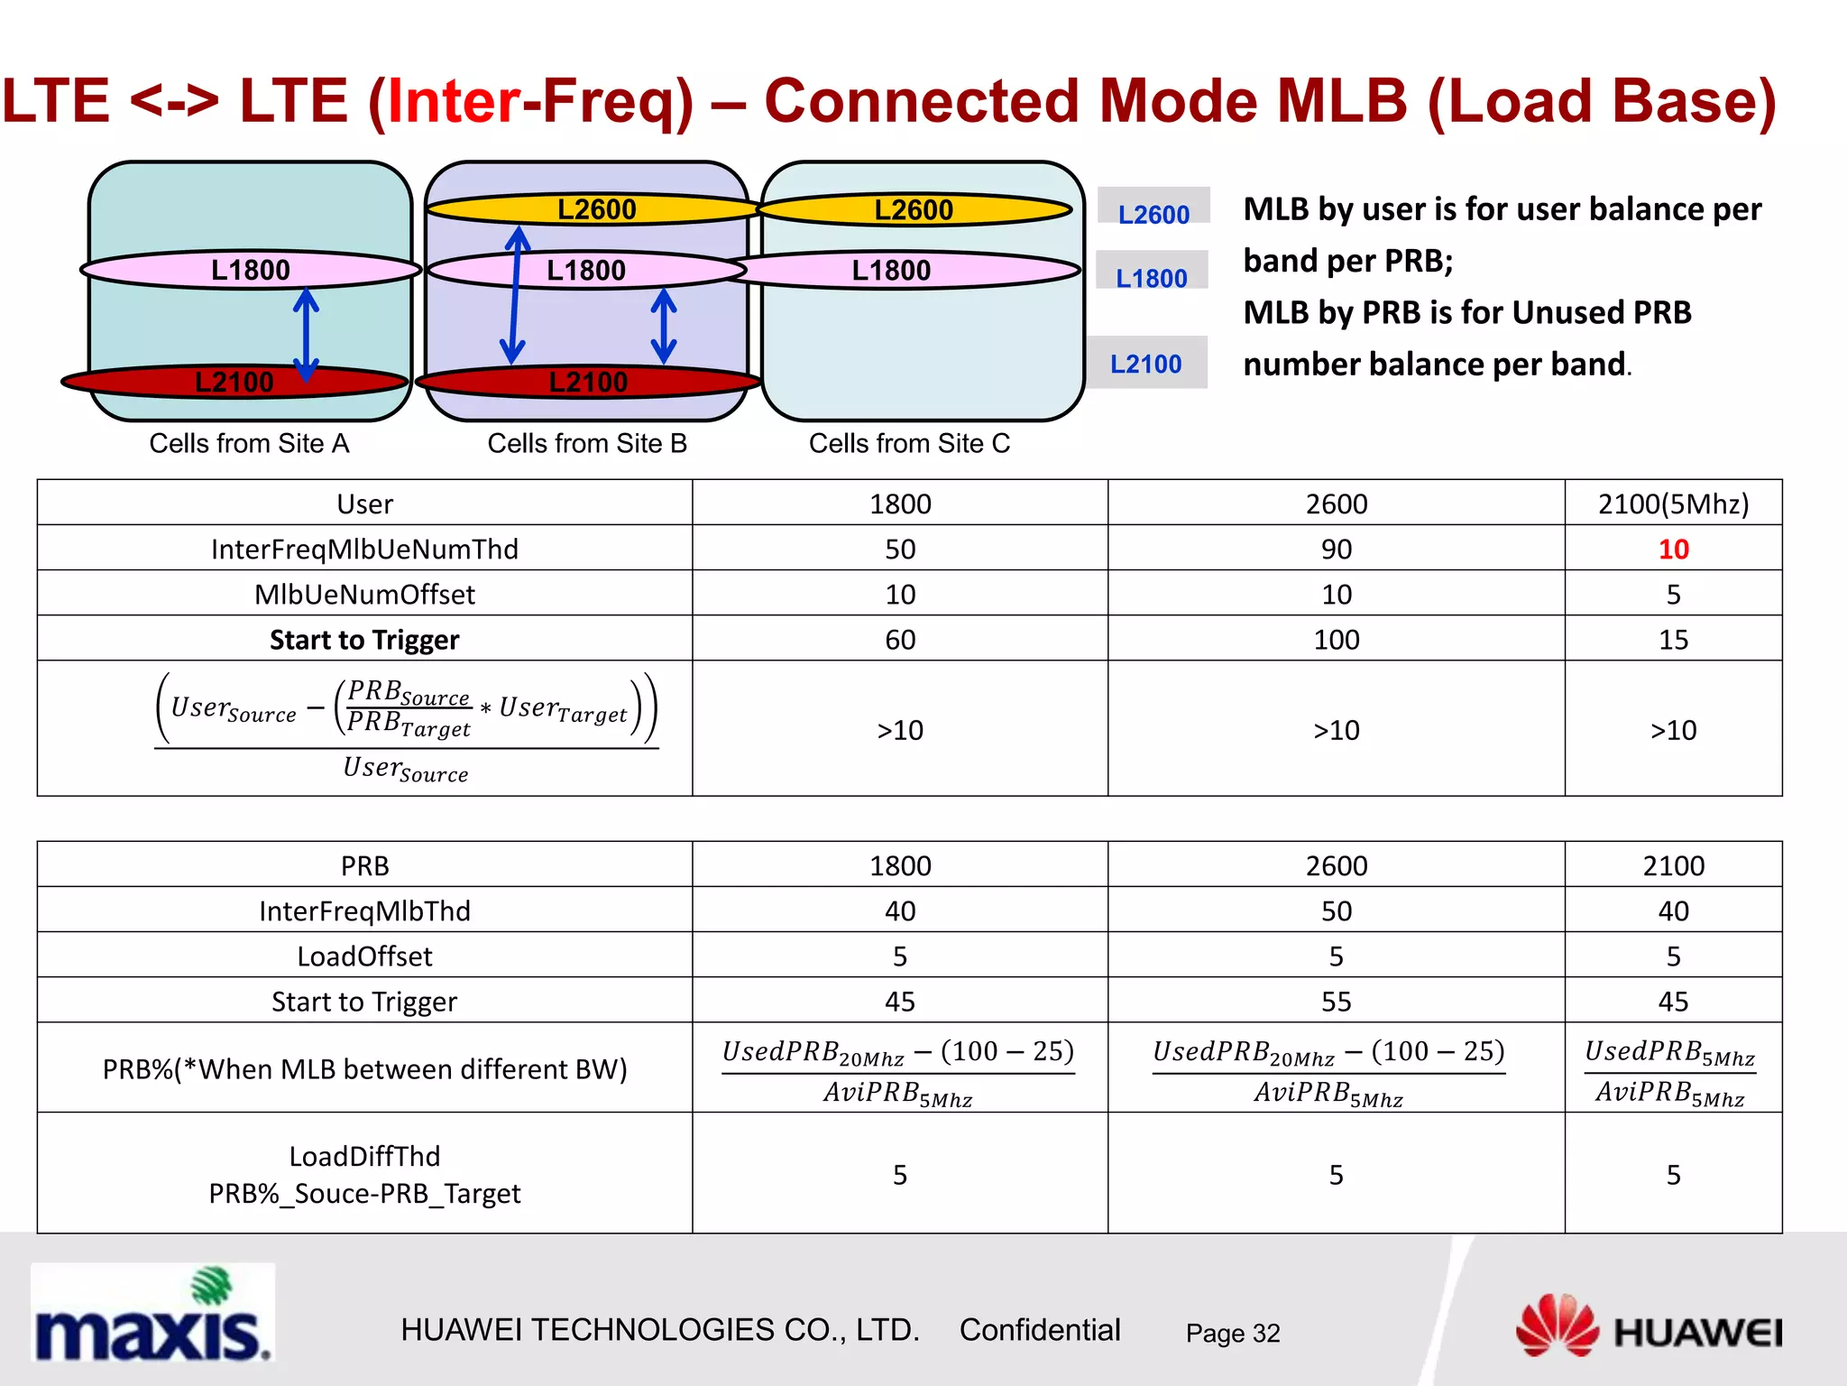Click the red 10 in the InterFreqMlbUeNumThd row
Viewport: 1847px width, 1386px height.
tap(1673, 549)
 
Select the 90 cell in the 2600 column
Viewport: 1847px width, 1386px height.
tap(1336, 549)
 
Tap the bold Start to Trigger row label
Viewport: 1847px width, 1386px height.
tap(364, 640)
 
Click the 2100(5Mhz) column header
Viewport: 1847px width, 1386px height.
tap(1673, 504)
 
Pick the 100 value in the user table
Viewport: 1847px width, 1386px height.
tap(1336, 640)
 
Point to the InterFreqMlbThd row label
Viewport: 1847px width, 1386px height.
tap(364, 910)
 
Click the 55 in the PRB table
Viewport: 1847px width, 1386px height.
tap(1336, 1002)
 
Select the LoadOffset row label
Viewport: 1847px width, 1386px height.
tap(364, 956)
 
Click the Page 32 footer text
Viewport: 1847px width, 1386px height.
tap(1232, 1333)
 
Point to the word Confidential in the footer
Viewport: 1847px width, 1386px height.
tap(1039, 1330)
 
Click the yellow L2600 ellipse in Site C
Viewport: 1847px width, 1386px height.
tap(914, 209)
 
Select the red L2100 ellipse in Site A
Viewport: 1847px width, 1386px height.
tap(234, 382)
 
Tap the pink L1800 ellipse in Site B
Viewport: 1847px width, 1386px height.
tap(586, 270)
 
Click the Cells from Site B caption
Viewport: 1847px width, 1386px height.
tap(587, 443)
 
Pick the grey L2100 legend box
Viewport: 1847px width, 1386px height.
tap(1146, 363)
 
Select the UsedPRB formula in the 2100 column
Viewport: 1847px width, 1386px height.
tap(1670, 1071)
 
